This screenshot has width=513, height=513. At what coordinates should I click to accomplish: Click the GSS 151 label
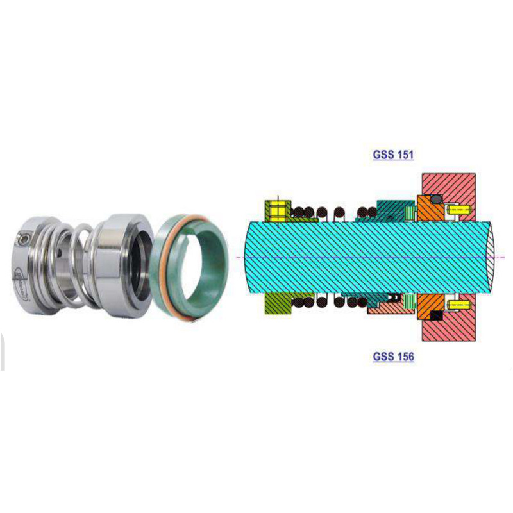393,155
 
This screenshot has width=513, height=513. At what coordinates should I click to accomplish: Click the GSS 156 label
393,357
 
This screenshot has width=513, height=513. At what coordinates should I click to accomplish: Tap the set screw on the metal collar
24,239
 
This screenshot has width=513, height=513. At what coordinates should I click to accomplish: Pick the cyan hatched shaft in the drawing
359,256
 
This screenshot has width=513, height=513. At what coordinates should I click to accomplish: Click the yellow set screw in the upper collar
277,210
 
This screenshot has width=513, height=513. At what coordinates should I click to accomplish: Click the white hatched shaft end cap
493,256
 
